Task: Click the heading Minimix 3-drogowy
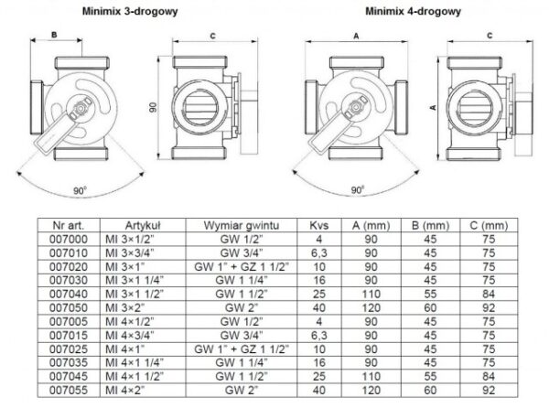[x=130, y=11]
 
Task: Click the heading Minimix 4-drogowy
[x=414, y=11]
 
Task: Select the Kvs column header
[x=319, y=225]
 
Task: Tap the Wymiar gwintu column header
[x=242, y=225]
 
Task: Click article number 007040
[x=69, y=294]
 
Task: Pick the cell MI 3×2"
[x=125, y=307]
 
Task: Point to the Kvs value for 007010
[x=319, y=253]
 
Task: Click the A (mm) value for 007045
[x=371, y=377]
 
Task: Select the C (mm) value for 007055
[x=489, y=390]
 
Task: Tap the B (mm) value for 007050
[x=430, y=307]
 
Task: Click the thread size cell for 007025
[x=242, y=349]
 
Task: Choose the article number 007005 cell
[x=69, y=322]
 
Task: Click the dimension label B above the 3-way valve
[x=54, y=35]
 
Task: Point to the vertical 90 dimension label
[x=153, y=107]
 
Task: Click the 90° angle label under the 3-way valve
[x=81, y=190]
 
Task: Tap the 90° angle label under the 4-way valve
[x=358, y=190]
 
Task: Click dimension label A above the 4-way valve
[x=356, y=36]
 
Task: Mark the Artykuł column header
[x=143, y=225]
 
